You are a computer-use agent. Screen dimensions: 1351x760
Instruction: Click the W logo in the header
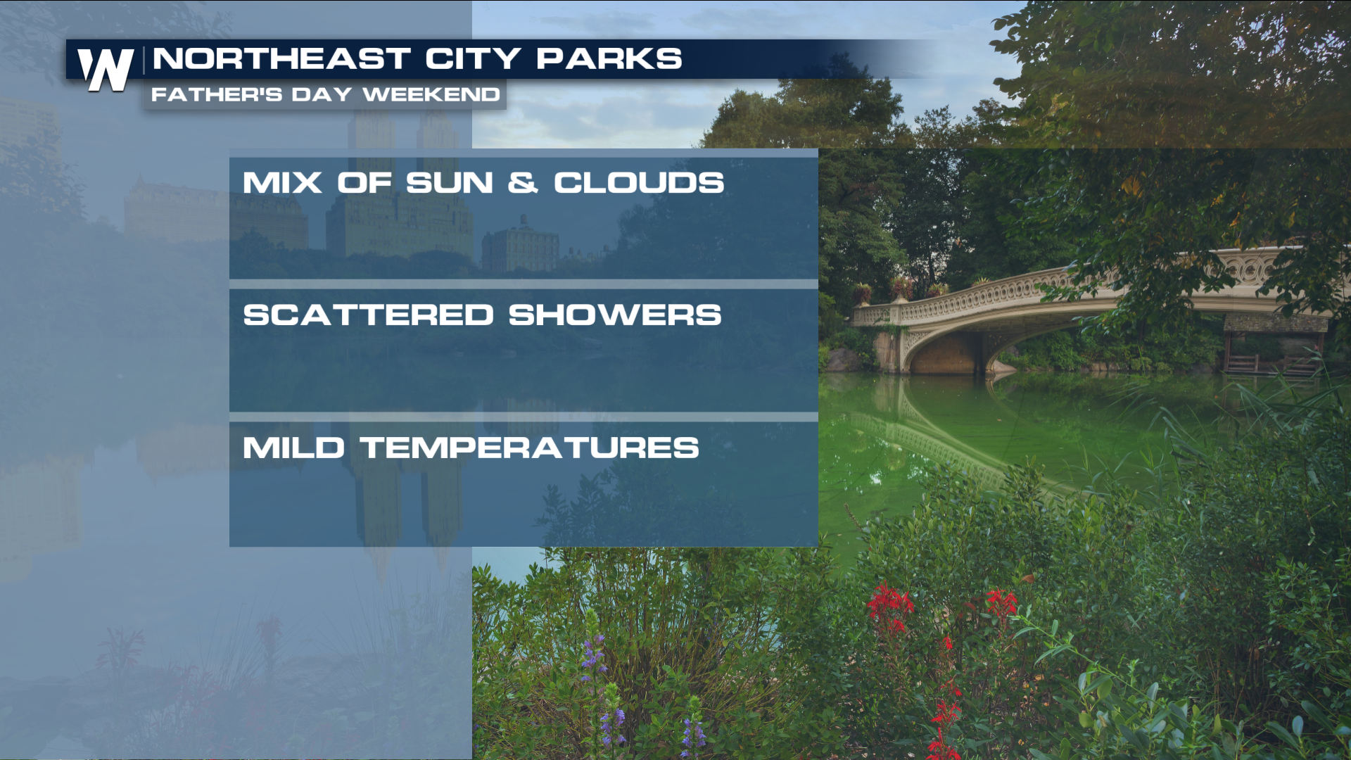106,70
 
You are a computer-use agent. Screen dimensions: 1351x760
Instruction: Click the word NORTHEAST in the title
281,59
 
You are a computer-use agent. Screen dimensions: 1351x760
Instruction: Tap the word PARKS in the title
609,59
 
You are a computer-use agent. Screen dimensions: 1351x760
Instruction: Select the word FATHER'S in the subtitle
217,94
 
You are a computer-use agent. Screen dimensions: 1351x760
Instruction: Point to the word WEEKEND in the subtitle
431,94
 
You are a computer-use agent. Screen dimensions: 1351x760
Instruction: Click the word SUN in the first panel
450,183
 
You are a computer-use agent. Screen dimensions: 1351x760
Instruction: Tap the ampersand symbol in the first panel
523,183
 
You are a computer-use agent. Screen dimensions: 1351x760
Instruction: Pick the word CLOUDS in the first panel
639,183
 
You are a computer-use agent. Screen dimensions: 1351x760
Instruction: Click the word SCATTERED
369,315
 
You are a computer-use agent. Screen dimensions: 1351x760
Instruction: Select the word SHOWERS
615,315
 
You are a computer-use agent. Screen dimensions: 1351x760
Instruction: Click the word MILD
293,448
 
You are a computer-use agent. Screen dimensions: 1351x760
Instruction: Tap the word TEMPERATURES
530,448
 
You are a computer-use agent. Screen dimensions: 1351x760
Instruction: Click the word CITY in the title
473,59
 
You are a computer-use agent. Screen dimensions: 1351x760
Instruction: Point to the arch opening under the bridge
946,352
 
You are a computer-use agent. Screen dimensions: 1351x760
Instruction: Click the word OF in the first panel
364,183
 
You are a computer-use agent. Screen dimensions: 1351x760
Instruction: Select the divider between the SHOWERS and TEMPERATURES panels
524,417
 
